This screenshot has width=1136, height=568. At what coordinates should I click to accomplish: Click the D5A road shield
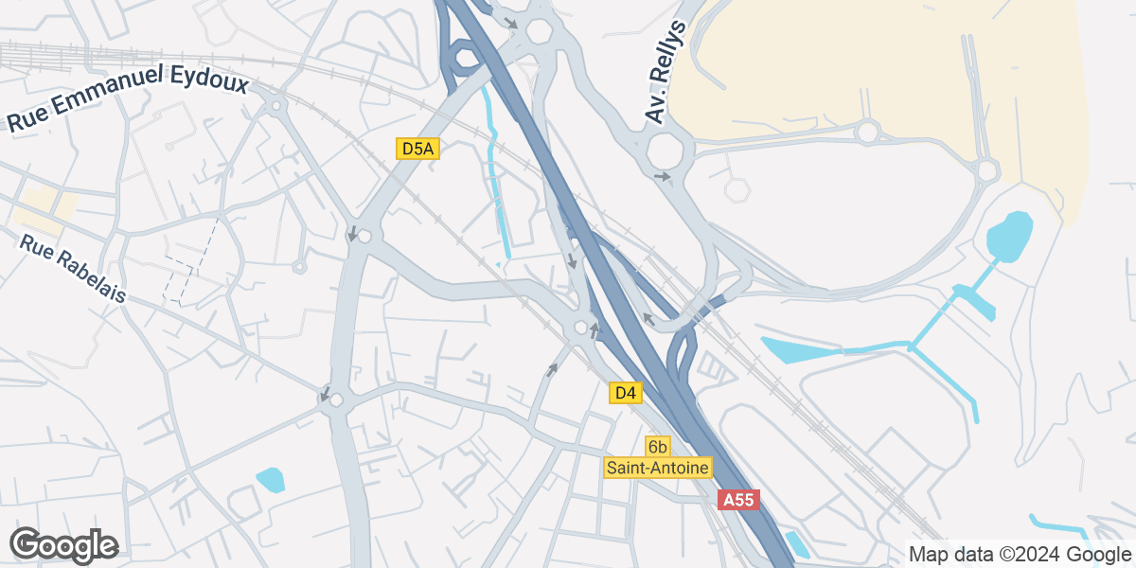pos(418,149)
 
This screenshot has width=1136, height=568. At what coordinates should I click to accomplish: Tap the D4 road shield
pos(625,393)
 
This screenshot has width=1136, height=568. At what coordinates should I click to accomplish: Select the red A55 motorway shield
pos(738,500)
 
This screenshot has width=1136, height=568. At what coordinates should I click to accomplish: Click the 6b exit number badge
pos(657,446)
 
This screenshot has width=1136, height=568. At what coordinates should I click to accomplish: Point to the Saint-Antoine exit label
pos(658,468)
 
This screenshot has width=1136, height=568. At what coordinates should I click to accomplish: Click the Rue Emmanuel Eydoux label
pos(128,98)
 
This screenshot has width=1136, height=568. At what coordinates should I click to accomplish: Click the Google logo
pos(63,545)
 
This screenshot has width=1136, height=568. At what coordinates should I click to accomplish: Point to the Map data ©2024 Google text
pos(1019,554)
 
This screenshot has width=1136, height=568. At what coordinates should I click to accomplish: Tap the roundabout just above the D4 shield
pos(580,328)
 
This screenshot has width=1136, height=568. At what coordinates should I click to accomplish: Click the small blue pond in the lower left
pos(270,479)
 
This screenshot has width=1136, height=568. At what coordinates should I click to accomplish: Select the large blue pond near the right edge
pos(1009,234)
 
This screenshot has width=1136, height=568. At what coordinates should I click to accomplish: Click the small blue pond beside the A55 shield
pos(797,544)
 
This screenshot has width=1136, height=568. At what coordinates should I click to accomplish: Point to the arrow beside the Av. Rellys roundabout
pos(662,176)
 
